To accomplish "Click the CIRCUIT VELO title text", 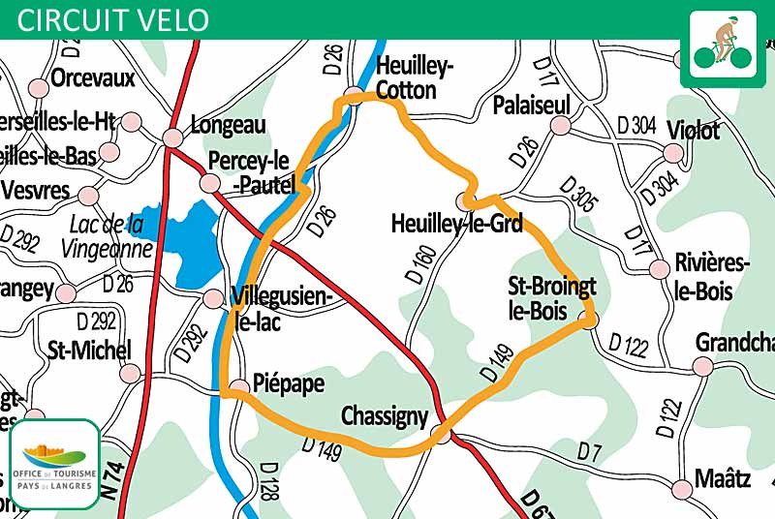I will [x=112, y=19].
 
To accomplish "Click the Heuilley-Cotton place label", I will [x=406, y=78].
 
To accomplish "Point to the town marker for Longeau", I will [x=172, y=138].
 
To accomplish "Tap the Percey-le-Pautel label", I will [x=251, y=171].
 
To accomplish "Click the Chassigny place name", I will [x=385, y=416].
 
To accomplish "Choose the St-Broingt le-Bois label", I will [x=552, y=297].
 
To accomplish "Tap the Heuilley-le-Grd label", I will [x=456, y=225].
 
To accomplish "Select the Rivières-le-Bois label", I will [x=704, y=278].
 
